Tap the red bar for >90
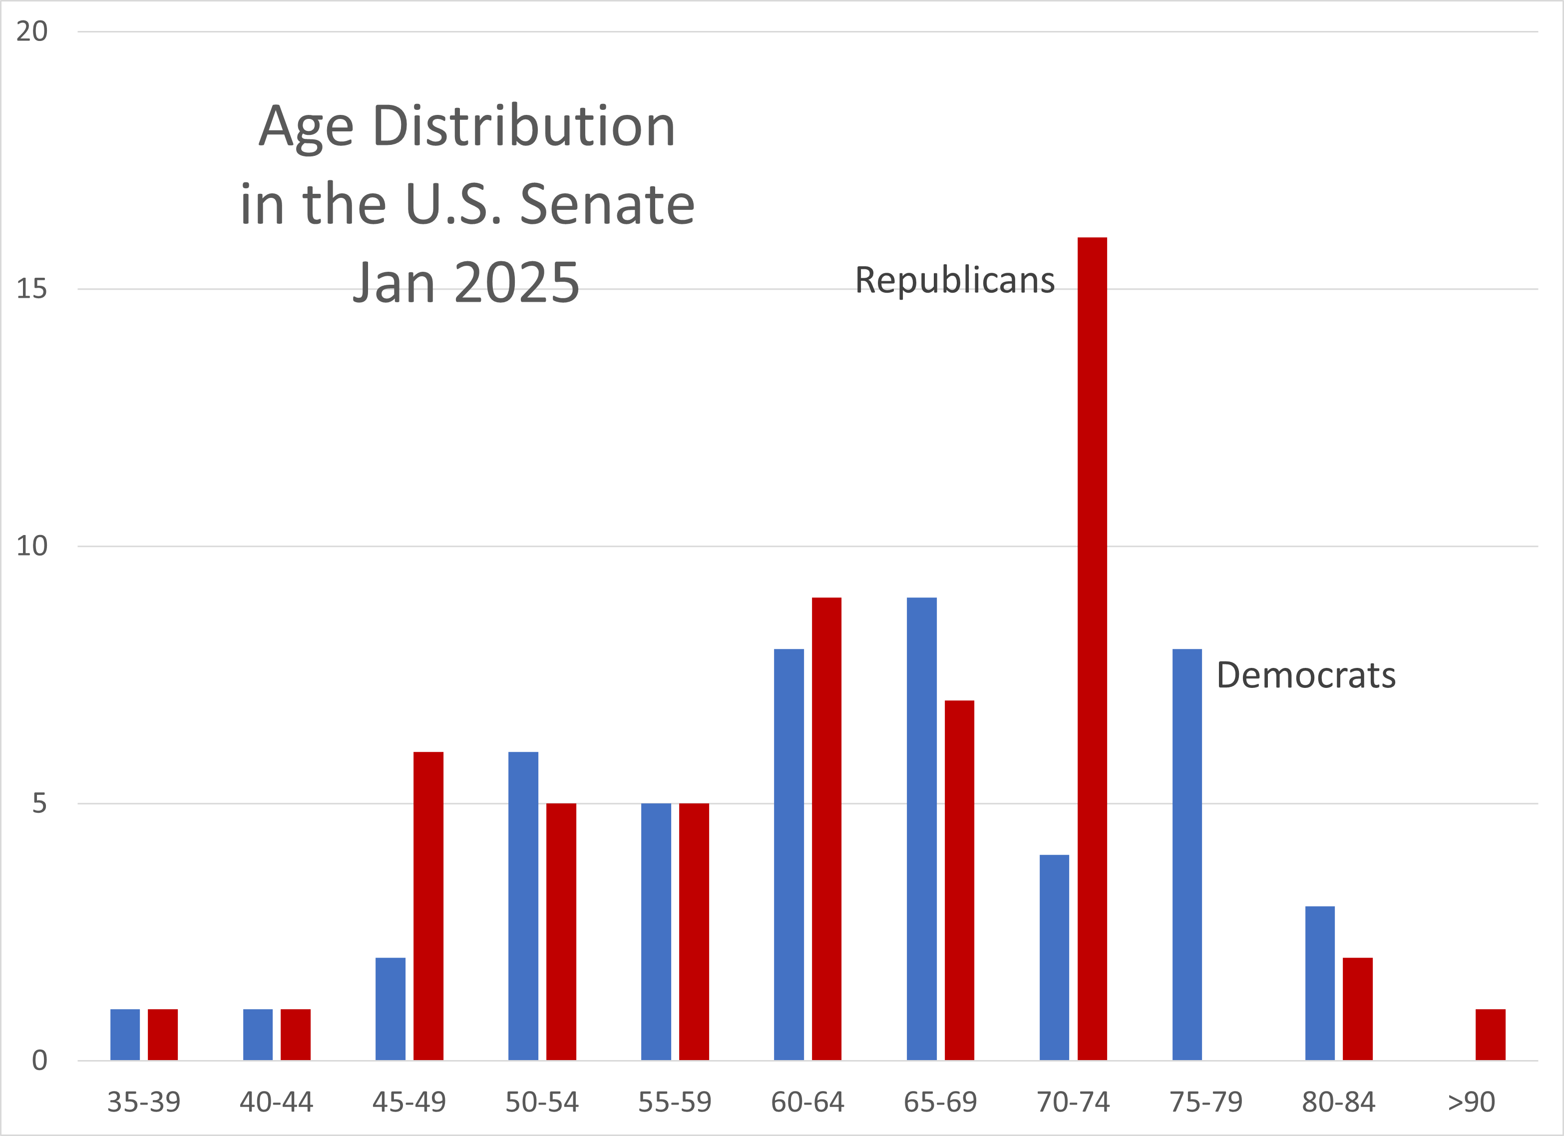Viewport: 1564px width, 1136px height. pyautogui.click(x=1490, y=1034)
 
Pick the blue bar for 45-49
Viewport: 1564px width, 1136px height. pyautogui.click(x=391, y=1009)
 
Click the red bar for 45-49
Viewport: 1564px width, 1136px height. pyautogui.click(x=428, y=906)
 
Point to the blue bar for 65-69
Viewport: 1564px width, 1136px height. pyautogui.click(x=921, y=828)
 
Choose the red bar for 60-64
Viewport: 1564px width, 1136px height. pyautogui.click(x=826, y=828)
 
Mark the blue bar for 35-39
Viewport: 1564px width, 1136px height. pyautogui.click(x=125, y=1034)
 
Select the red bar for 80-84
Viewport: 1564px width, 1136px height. pyautogui.click(x=1357, y=1009)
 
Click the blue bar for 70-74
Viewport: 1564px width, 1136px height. pyautogui.click(x=1054, y=957)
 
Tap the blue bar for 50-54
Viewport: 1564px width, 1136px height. pyautogui.click(x=523, y=906)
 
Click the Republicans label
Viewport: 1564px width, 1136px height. pyautogui.click(x=954, y=281)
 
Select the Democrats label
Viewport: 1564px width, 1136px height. pyautogui.click(x=1305, y=675)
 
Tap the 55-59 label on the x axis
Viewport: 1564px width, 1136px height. pyautogui.click(x=675, y=1102)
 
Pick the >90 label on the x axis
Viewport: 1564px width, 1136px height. pyautogui.click(x=1471, y=1102)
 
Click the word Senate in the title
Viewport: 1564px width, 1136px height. pyautogui.click(x=607, y=205)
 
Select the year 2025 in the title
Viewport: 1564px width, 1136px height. pyautogui.click(x=517, y=283)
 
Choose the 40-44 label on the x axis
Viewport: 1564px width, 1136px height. pyautogui.click(x=276, y=1102)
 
